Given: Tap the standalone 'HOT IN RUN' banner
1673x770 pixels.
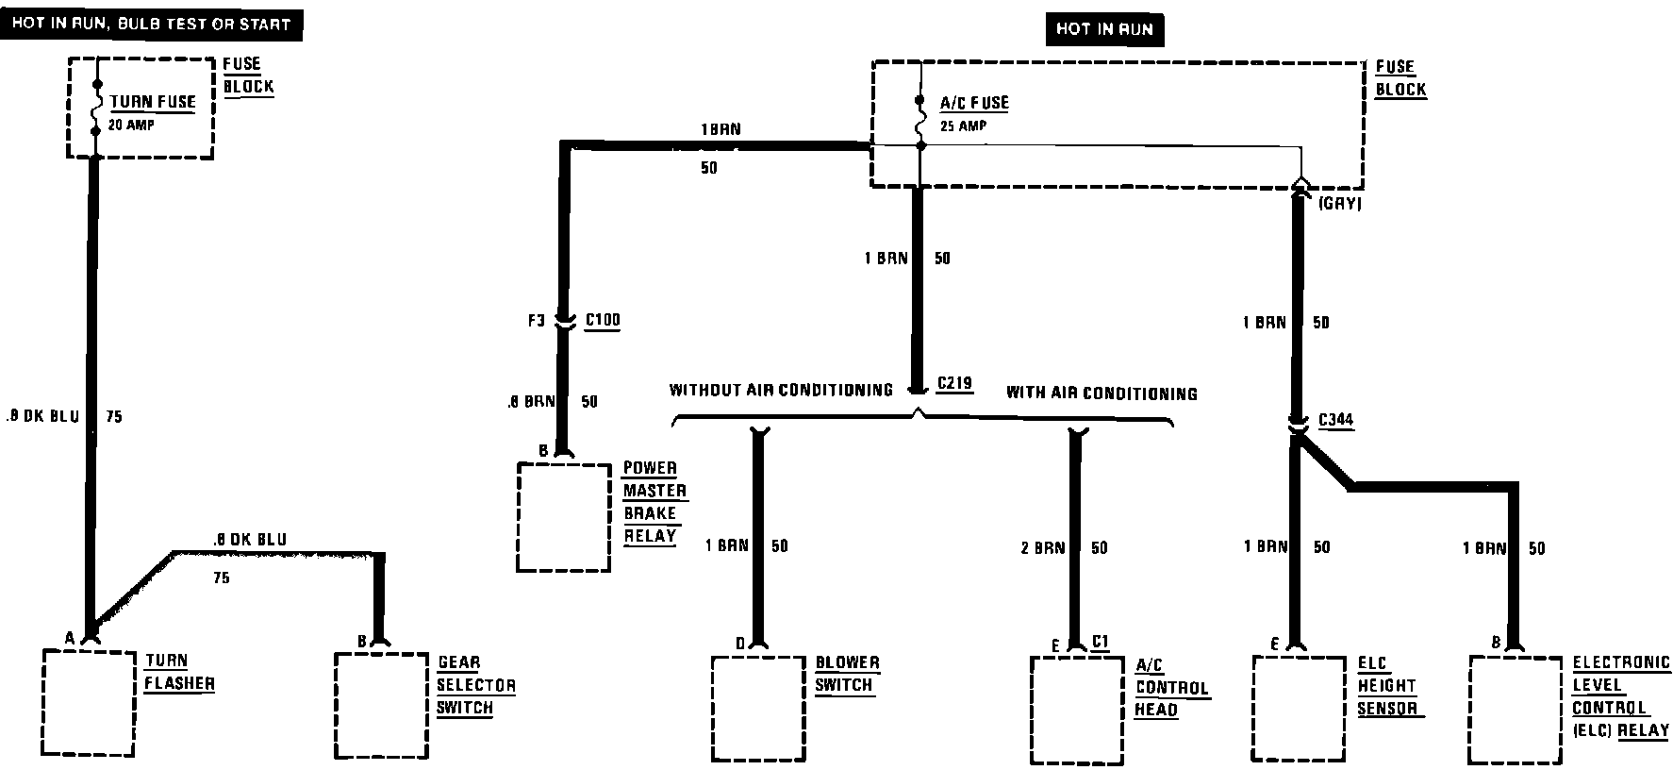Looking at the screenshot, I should tap(1104, 29).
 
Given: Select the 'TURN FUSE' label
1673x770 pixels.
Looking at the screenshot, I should tap(153, 102).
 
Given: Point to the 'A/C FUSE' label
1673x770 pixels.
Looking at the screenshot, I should tap(974, 103).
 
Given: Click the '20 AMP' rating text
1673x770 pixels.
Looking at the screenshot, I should tap(132, 124).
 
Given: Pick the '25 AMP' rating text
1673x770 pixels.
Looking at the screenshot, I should tap(963, 126).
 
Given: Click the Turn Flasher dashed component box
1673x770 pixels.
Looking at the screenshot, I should tap(89, 702).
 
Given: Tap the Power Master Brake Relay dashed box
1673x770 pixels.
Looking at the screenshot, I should tap(564, 517).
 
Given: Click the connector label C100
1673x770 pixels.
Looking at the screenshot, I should tap(603, 320).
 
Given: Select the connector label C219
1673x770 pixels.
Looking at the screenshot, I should tap(954, 384).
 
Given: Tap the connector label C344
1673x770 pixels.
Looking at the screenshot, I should tap(1335, 420).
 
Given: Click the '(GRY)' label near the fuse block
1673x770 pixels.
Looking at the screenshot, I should tap(1339, 203).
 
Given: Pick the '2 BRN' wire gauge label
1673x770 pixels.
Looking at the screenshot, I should tap(1042, 547).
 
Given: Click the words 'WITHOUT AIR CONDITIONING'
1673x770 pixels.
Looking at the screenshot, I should tap(781, 390).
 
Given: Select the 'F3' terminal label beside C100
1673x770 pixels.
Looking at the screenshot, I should tap(536, 321).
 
